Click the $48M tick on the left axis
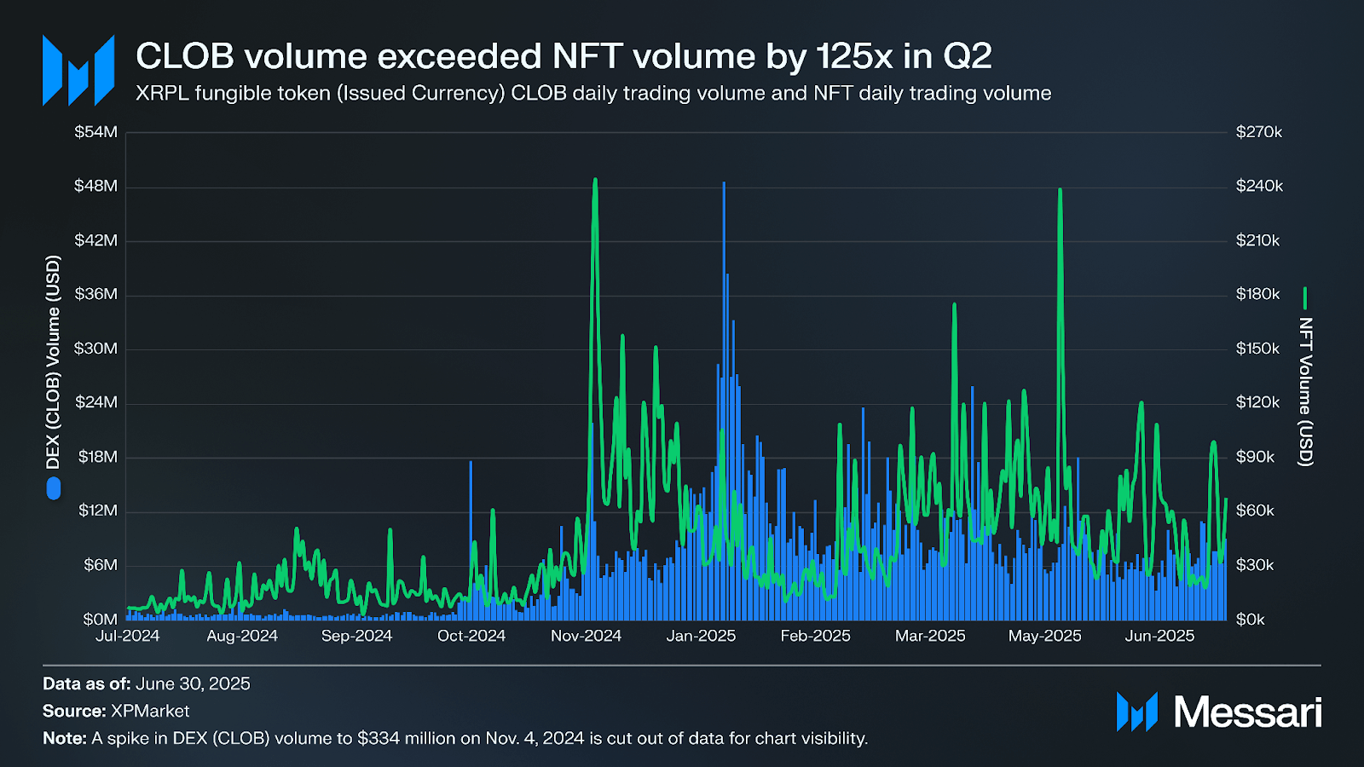[x=95, y=186]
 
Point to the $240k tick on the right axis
[x=1259, y=186]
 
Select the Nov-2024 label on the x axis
[x=586, y=636]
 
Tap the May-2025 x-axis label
[x=1044, y=636]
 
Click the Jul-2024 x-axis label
[x=127, y=636]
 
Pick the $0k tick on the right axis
[x=1251, y=620]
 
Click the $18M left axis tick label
[x=97, y=457]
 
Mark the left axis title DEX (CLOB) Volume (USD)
[x=54, y=362]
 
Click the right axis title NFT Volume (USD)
[x=1305, y=392]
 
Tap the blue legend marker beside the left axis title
[x=54, y=488]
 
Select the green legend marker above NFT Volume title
[x=1305, y=298]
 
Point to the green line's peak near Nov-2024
[x=595, y=181]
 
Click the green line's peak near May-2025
[x=1060, y=190]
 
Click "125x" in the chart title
[x=854, y=56]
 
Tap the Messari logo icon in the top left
[x=78, y=71]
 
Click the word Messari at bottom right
[x=1247, y=712]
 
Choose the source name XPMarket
[x=150, y=711]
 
